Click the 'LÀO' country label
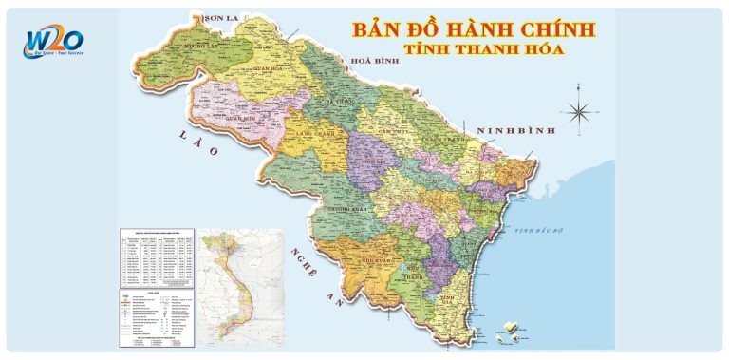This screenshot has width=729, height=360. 200,144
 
